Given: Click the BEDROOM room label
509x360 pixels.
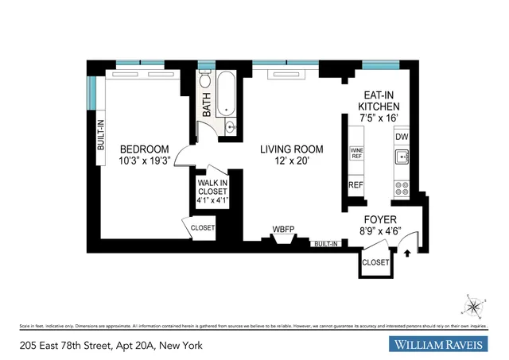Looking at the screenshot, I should coord(145,149).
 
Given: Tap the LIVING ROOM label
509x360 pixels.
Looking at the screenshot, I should coord(292,149).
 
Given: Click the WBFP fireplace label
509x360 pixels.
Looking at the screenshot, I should coord(283,230).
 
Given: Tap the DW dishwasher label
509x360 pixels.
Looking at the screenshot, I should coord(402,137).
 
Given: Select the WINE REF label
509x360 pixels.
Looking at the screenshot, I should coord(356,153).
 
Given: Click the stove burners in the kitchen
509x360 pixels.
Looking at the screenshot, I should coord(402,189).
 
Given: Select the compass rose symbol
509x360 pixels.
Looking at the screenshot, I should coord(474,306).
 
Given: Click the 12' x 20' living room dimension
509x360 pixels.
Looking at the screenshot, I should coord(292,161).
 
